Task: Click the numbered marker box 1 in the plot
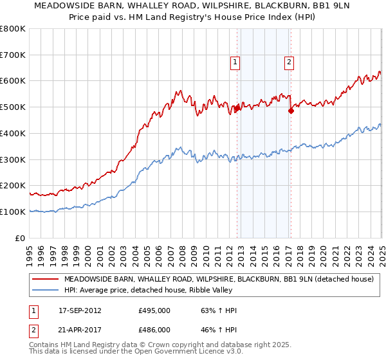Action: click(x=235, y=62)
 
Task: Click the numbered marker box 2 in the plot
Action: click(x=289, y=62)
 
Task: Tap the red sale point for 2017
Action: click(x=291, y=111)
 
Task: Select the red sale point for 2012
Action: click(x=237, y=108)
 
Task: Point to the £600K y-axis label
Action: click(x=13, y=81)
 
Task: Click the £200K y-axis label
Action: click(x=13, y=186)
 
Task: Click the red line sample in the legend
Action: click(x=45, y=279)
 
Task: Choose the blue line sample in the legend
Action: click(x=45, y=290)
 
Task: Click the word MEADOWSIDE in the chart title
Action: click(x=62, y=7)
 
